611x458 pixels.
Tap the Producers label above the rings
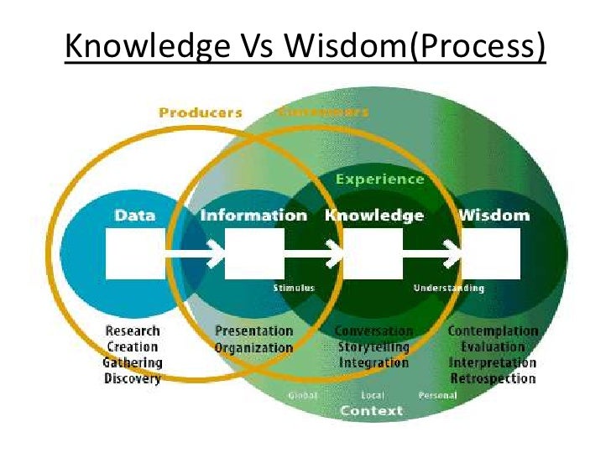tap(201, 112)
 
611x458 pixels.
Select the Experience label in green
tap(379, 179)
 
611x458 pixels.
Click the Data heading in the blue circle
tap(135, 216)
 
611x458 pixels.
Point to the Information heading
tap(253, 216)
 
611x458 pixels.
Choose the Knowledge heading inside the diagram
tap(374, 216)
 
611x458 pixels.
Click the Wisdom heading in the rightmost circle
tap(493, 216)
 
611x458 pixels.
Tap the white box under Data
tap(135, 252)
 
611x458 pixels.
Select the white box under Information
tap(254, 252)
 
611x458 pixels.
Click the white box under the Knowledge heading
tap(373, 252)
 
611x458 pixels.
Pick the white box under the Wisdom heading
tap(492, 252)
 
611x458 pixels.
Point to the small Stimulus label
tap(294, 288)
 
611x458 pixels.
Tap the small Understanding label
tap(448, 288)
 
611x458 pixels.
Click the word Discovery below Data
tap(132, 378)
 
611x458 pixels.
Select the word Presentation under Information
tap(254, 331)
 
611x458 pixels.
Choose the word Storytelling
tap(373, 346)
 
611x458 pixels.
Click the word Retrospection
tap(493, 378)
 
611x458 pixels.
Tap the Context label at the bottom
tap(371, 411)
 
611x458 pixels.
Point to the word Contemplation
tap(493, 330)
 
